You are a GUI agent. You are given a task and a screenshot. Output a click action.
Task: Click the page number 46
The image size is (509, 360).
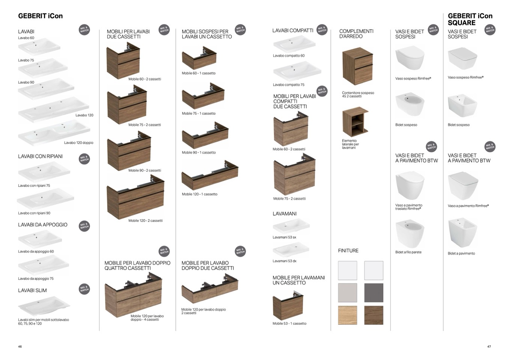(x=20, y=346)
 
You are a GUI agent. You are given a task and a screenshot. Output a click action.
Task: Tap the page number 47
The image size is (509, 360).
(x=489, y=346)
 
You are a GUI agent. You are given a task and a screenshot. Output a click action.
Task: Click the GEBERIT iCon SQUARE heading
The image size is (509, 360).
(x=470, y=19)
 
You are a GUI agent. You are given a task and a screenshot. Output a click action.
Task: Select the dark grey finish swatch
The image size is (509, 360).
(x=373, y=293)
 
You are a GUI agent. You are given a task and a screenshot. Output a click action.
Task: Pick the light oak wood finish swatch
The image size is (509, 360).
(x=347, y=315)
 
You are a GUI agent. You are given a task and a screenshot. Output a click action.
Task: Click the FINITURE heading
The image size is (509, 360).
(x=348, y=251)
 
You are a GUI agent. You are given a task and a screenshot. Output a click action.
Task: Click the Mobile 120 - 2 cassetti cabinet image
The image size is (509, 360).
(x=135, y=201)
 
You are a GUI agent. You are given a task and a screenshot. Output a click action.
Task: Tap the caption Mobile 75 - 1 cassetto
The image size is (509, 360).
(x=199, y=113)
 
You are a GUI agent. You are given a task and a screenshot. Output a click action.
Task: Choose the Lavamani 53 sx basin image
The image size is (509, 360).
(x=291, y=226)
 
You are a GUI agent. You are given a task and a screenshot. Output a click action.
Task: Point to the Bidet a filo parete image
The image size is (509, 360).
(x=410, y=234)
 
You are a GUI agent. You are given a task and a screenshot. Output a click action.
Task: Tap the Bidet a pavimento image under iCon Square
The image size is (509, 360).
(x=462, y=233)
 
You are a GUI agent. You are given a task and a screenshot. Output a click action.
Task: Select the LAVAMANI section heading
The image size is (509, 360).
(x=285, y=214)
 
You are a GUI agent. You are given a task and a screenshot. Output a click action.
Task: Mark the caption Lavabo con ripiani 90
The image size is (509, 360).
(x=34, y=213)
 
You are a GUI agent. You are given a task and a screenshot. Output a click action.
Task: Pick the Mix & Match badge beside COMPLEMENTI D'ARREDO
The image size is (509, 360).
(x=322, y=29)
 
